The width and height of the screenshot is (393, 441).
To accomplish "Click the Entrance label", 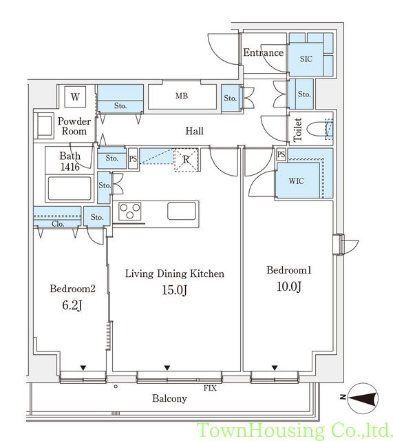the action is tap(263, 52).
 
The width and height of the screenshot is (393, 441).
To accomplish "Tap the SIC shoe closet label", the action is tap(306, 59).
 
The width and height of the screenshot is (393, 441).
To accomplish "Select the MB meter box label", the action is tap(182, 96).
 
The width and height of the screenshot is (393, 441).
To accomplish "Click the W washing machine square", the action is tap(75, 96).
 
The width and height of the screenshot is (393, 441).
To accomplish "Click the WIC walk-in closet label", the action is tap(296, 181).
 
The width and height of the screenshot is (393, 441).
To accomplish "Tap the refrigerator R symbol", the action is tap(187, 159).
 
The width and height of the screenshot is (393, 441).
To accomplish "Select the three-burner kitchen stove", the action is tap(129, 211).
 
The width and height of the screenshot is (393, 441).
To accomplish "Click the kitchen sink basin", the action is tap(182, 211).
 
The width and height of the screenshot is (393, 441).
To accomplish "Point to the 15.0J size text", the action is tap(174, 290).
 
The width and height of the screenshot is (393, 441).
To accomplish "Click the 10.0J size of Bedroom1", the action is tap(289, 287).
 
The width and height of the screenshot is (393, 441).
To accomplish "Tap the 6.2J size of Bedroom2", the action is tap(72, 305).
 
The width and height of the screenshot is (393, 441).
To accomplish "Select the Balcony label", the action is tap(169, 398).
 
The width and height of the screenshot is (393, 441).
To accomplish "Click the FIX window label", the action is tap(210, 388).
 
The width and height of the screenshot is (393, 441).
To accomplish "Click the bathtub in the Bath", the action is tap(70, 188).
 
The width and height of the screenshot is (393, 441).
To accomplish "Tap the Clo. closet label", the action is tap(58, 224).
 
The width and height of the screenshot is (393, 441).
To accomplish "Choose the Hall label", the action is tap(194, 131).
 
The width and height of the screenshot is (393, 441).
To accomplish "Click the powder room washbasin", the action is tap(43, 125).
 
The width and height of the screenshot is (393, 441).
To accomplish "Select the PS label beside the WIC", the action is tap(281, 154).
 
